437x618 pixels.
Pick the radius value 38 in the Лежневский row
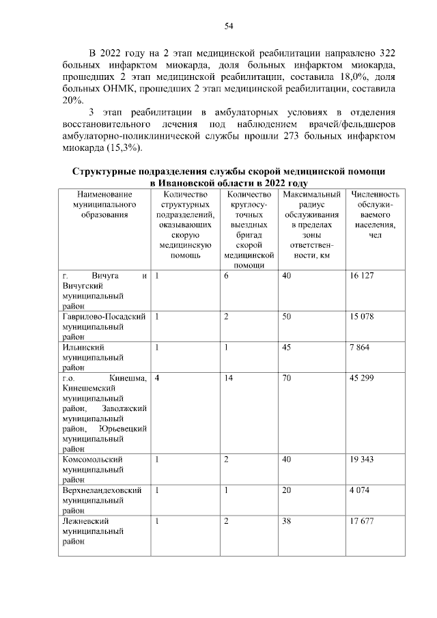click(x=286, y=522)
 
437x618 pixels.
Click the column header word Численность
click(x=375, y=195)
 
